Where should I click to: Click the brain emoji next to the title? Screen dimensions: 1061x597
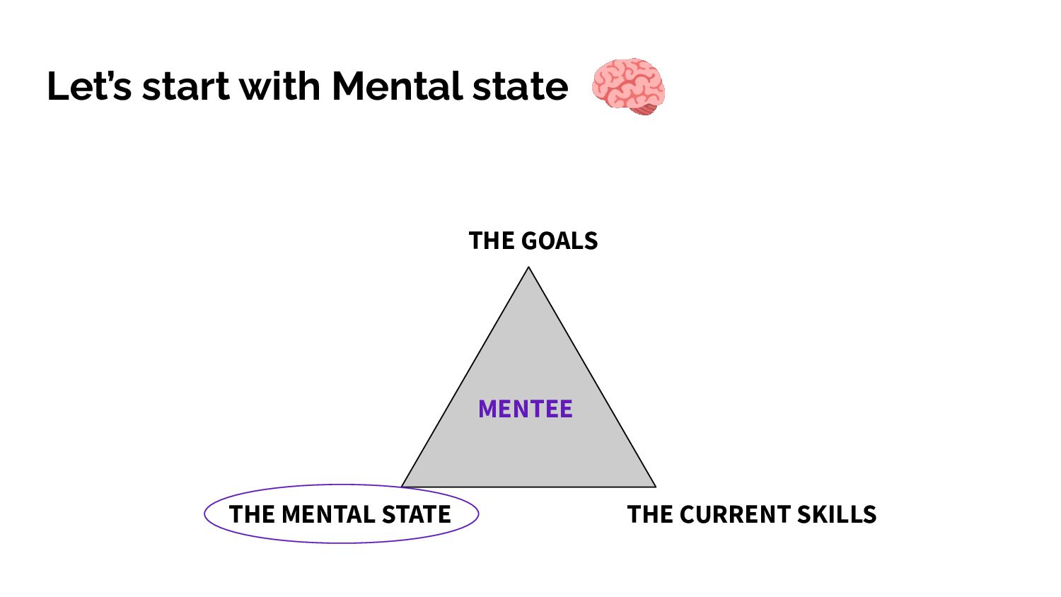click(x=628, y=86)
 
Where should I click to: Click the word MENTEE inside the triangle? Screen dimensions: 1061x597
click(x=525, y=409)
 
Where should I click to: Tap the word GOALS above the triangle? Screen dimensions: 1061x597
click(x=560, y=241)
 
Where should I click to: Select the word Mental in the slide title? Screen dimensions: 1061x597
click(x=396, y=86)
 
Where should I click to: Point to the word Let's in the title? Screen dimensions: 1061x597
click(x=89, y=86)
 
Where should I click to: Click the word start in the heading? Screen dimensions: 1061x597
click(x=185, y=86)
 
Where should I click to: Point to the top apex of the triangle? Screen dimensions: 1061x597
click(x=528, y=267)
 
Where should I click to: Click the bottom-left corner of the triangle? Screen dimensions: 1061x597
click(x=402, y=487)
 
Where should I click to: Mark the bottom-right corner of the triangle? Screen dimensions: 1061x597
click(x=655, y=487)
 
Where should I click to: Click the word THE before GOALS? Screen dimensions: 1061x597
click(x=492, y=241)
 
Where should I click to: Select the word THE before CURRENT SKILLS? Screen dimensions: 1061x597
click(x=650, y=514)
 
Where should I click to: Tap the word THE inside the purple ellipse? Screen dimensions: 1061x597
click(x=252, y=514)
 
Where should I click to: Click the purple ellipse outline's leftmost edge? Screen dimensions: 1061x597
click(x=204, y=514)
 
